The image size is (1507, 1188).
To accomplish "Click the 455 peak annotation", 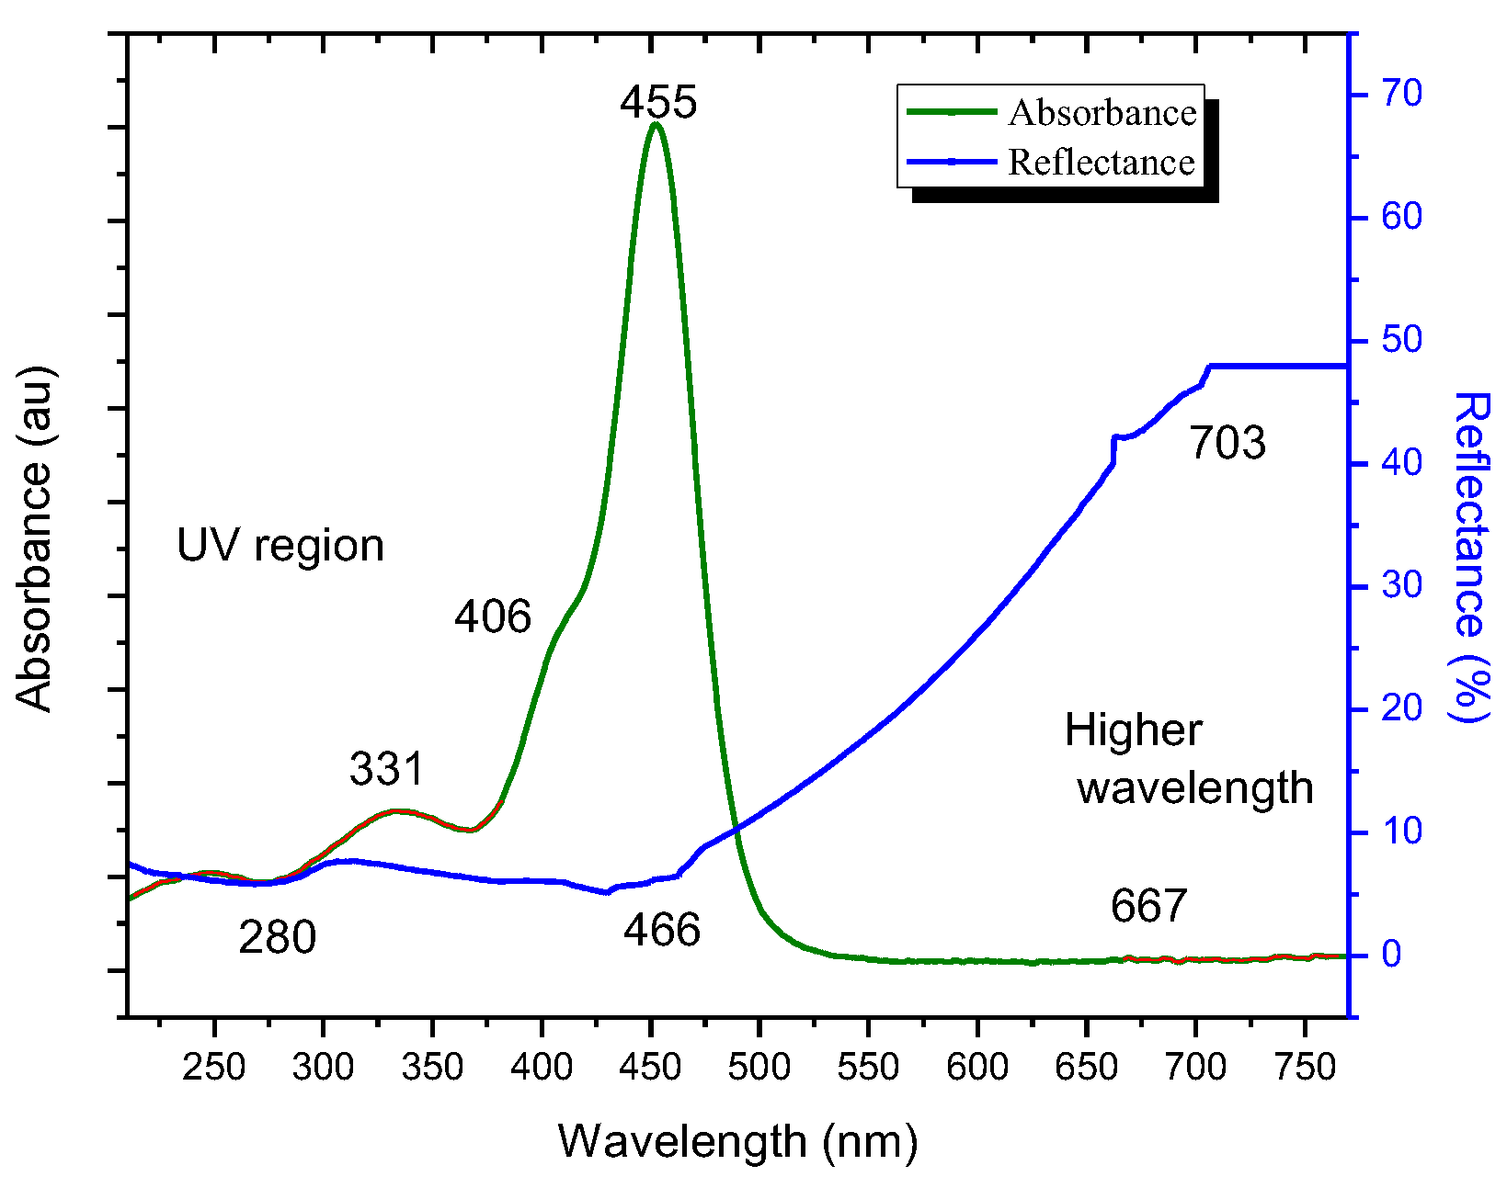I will (658, 101).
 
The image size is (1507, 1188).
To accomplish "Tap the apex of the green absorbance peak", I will (654, 124).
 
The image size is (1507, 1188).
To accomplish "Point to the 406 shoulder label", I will (493, 616).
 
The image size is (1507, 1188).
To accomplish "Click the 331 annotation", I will (387, 768).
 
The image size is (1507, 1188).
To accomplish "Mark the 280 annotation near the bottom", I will (278, 937).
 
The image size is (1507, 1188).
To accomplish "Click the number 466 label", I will (662, 930).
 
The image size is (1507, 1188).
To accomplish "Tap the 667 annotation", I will (1148, 906).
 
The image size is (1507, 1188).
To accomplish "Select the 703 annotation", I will (1227, 442).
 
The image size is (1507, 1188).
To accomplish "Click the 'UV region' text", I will (280, 546).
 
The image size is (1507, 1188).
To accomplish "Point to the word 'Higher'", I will (1133, 730).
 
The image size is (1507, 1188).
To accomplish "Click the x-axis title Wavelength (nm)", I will (737, 1141).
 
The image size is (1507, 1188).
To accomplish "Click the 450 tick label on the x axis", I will (650, 1067).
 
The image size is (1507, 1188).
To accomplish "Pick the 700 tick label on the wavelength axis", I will (1194, 1067).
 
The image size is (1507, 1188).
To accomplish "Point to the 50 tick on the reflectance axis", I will (1401, 340).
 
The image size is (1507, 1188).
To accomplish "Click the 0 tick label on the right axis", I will (1392, 954).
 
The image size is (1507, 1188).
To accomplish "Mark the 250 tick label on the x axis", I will (213, 1067).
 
